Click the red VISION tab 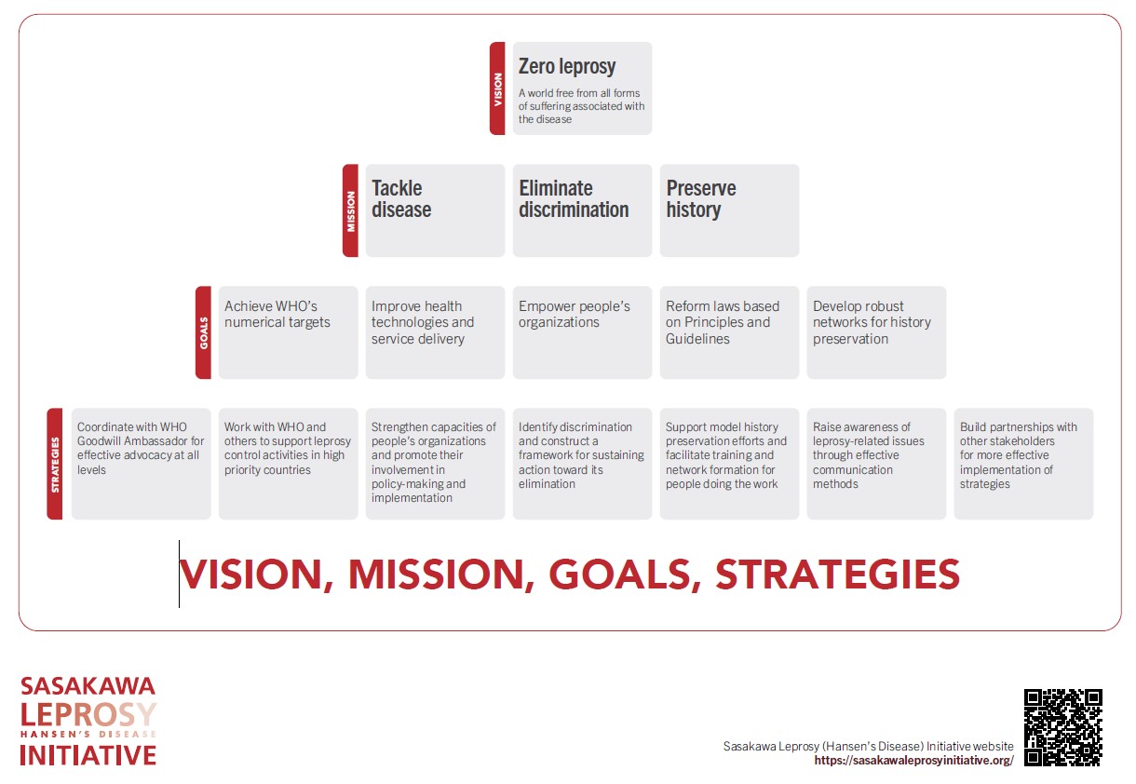pyautogui.click(x=497, y=88)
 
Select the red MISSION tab pyautogui.click(x=350, y=210)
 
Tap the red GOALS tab pyautogui.click(x=203, y=332)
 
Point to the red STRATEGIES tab pyautogui.click(x=55, y=464)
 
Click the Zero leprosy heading pyautogui.click(x=567, y=67)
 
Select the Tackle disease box pyautogui.click(x=435, y=210)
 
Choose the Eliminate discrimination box pyautogui.click(x=582, y=210)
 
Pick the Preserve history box pyautogui.click(x=729, y=210)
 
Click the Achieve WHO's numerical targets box pyautogui.click(x=288, y=332)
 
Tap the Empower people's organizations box pyautogui.click(x=582, y=332)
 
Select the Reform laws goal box pyautogui.click(x=729, y=332)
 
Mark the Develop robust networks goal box pyautogui.click(x=876, y=332)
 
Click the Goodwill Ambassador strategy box pyautogui.click(x=141, y=464)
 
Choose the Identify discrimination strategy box pyautogui.click(x=582, y=464)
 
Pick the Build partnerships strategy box pyautogui.click(x=1023, y=464)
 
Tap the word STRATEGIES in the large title pyautogui.click(x=837, y=574)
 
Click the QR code pyautogui.click(x=1063, y=727)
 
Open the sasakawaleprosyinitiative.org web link pyautogui.click(x=913, y=760)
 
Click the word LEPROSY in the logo pyautogui.click(x=88, y=714)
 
